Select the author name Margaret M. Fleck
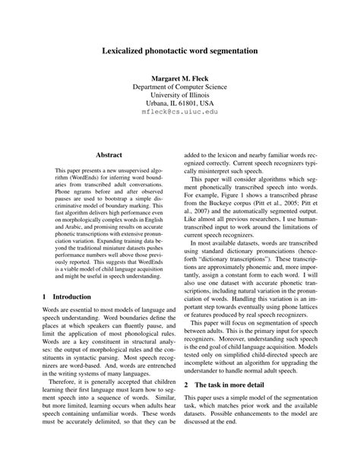[180, 79]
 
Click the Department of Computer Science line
[180, 89]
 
